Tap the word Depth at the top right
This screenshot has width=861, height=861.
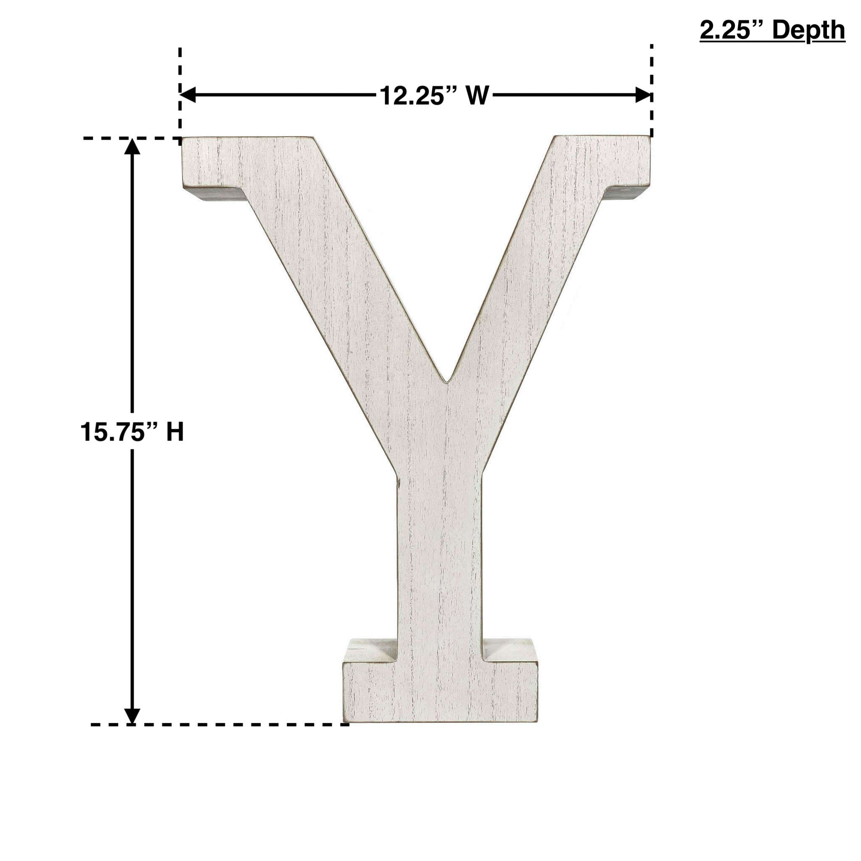808,30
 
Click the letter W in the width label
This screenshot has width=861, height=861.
478,96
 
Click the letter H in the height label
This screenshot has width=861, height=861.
175,432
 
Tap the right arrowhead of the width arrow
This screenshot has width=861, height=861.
643,95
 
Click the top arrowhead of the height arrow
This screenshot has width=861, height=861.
132,147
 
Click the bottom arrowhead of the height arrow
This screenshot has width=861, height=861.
132,716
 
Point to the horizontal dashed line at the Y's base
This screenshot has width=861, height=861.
218,725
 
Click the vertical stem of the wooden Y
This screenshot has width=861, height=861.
439,557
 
